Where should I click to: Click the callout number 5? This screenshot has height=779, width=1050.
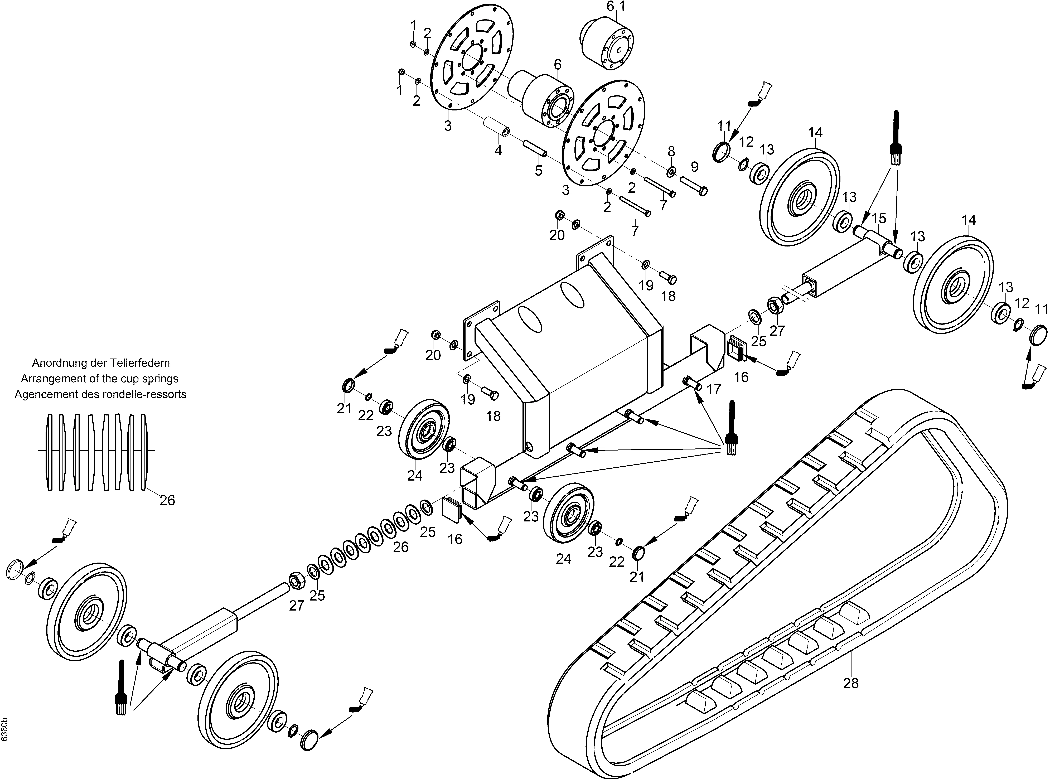tap(538, 171)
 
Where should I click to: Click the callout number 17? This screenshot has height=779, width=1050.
tap(714, 389)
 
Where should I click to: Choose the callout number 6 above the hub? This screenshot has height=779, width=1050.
tap(558, 64)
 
